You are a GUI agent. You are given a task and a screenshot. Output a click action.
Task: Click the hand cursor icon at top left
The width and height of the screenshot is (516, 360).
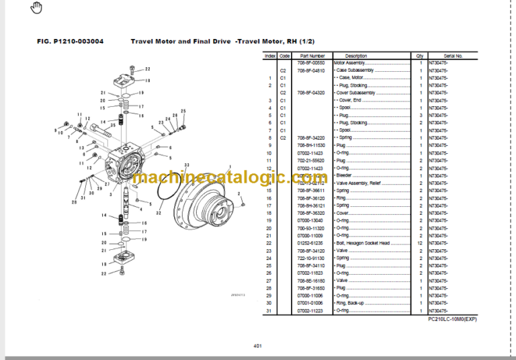(x=36, y=8)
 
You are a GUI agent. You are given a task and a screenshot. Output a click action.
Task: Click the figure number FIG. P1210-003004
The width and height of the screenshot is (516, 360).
(x=70, y=41)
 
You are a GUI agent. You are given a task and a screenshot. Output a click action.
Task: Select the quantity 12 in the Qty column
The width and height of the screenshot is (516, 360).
(x=419, y=242)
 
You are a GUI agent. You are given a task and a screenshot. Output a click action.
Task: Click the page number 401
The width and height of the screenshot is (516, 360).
(x=258, y=345)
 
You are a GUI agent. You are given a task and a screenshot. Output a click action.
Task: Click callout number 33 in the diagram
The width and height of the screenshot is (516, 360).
(x=186, y=165)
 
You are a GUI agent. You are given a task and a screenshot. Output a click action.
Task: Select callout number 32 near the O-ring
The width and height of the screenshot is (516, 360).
(x=159, y=212)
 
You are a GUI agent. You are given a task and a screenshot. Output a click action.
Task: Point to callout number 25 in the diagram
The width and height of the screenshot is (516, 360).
(x=183, y=110)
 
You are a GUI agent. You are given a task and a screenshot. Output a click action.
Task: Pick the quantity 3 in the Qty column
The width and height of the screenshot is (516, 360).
(x=419, y=116)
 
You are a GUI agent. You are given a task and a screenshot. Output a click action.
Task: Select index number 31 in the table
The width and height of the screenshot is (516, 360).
(x=269, y=310)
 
